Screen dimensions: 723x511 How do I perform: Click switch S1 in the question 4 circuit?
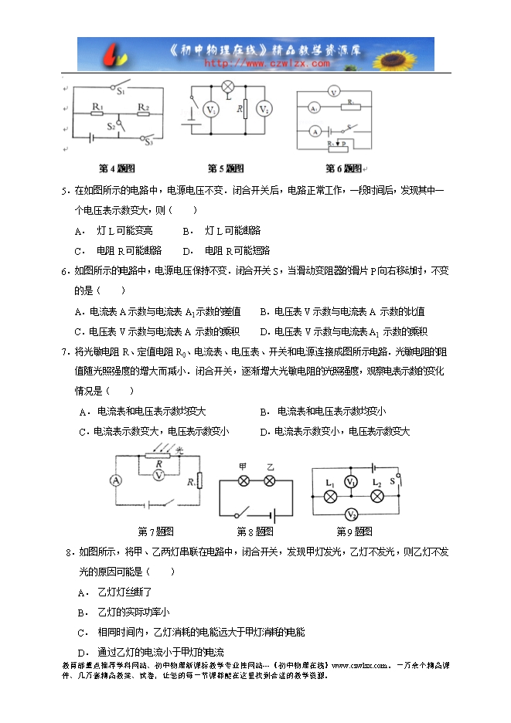coord(120,86)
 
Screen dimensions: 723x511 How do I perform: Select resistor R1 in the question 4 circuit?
coord(97,113)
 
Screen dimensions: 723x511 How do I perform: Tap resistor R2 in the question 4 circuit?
coord(143,113)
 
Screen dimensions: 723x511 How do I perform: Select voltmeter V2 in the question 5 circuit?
coord(264,110)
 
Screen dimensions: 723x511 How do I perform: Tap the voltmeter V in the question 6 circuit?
coord(333,92)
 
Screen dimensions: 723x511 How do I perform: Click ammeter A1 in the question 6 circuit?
coord(315,109)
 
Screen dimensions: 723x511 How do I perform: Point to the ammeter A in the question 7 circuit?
coord(117,480)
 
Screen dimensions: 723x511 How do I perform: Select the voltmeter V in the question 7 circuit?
coord(158,476)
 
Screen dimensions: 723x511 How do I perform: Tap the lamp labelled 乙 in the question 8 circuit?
coord(270,480)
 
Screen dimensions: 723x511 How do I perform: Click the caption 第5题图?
coord(226,168)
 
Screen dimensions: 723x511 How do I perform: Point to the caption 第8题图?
coord(256,531)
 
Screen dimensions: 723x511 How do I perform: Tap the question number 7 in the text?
coord(64,351)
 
